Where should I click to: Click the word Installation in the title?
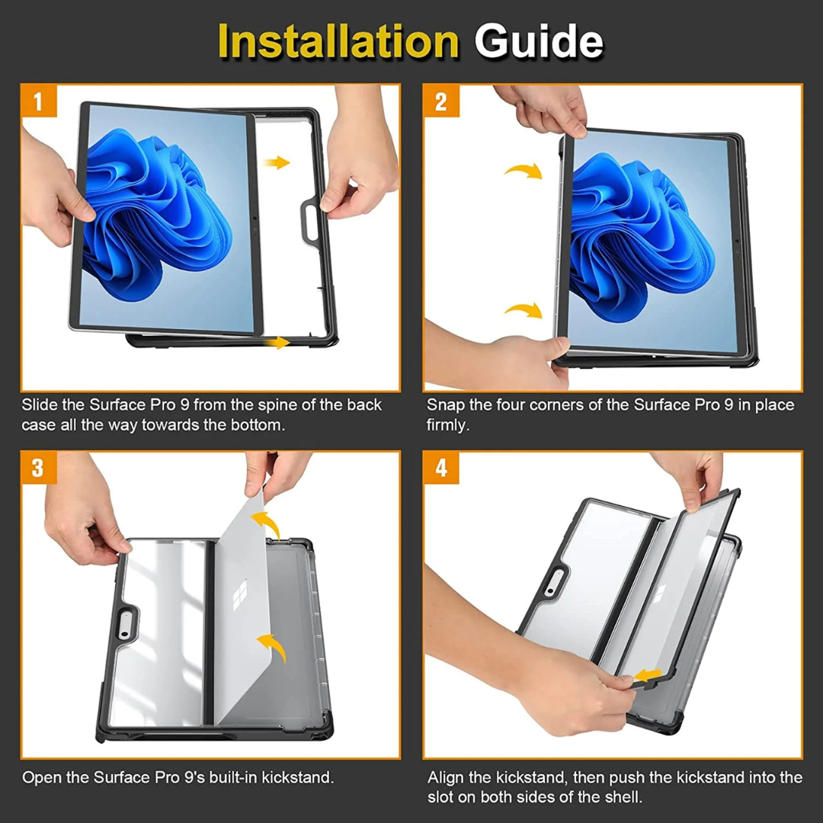[x=338, y=41]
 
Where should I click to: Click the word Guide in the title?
[x=539, y=41]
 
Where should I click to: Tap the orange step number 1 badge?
[x=38, y=101]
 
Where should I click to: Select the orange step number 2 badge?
[x=441, y=101]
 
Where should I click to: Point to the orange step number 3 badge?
[x=38, y=468]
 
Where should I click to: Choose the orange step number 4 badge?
[x=441, y=468]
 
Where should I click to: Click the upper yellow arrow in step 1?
[x=277, y=162]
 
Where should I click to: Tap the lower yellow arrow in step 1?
[x=277, y=343]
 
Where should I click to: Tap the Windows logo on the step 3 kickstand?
[x=240, y=595]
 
